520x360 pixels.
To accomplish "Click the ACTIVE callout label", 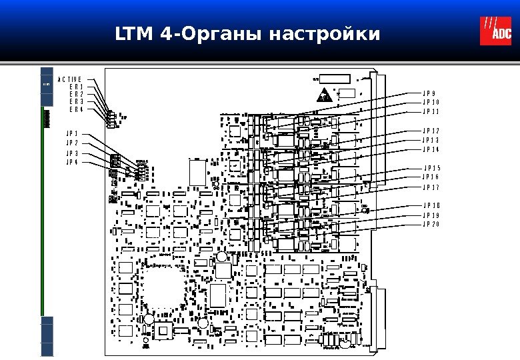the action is [69, 79].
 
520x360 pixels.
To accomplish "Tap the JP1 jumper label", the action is [72, 133].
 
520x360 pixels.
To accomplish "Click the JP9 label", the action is [429, 93].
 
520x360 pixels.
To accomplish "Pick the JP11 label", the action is [431, 112].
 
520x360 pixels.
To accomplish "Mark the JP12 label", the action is [431, 131].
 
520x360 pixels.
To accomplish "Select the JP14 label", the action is [431, 149].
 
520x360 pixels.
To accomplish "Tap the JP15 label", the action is [433, 168].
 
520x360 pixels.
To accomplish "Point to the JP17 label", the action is [431, 188].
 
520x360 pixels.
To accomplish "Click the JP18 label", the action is [431, 206].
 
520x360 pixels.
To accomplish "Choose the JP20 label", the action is [431, 225].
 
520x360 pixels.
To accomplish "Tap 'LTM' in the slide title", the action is [135, 33].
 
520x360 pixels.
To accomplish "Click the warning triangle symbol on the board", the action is [325, 95].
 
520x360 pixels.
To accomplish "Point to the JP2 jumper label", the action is [72, 143].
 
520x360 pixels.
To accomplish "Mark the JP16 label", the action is [431, 177].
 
